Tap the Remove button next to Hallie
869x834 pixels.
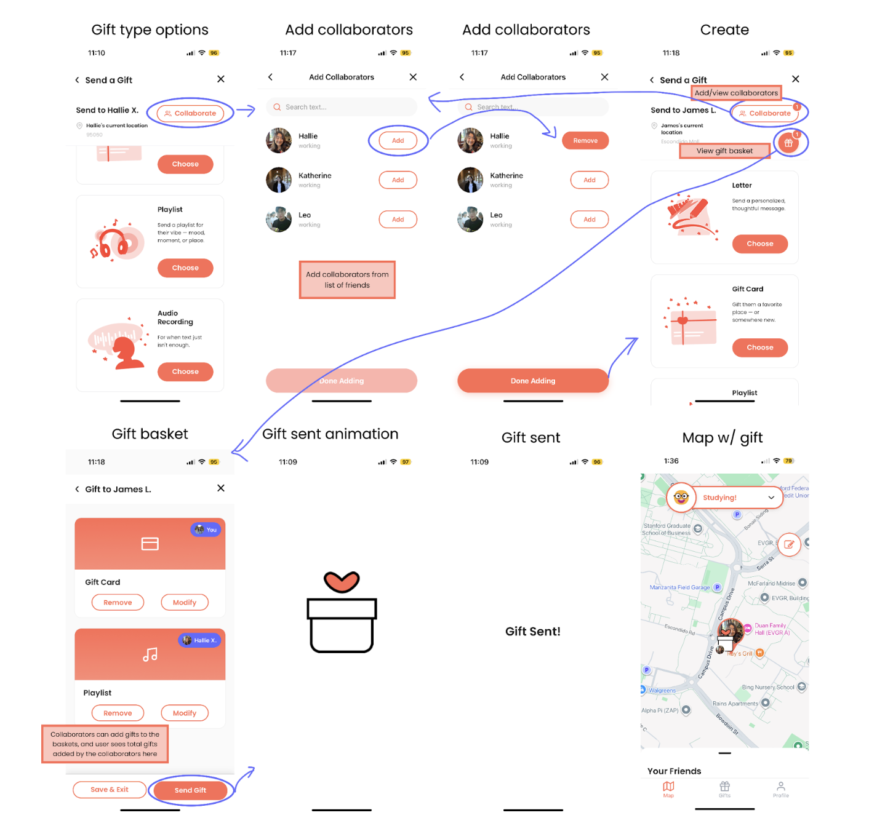point(585,141)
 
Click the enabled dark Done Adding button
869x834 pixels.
point(532,381)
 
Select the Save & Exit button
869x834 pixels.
point(110,790)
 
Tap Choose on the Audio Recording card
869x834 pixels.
point(185,371)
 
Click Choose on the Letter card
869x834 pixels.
point(759,244)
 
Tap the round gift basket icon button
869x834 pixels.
point(788,143)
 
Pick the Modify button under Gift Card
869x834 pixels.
point(185,603)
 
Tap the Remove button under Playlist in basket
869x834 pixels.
point(118,713)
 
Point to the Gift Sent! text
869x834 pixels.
point(532,632)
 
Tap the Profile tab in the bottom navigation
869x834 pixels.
point(780,789)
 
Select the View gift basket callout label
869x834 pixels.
point(724,151)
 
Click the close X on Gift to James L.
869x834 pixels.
point(221,488)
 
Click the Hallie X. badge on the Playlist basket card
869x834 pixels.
point(199,640)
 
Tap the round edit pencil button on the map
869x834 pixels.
point(789,544)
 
